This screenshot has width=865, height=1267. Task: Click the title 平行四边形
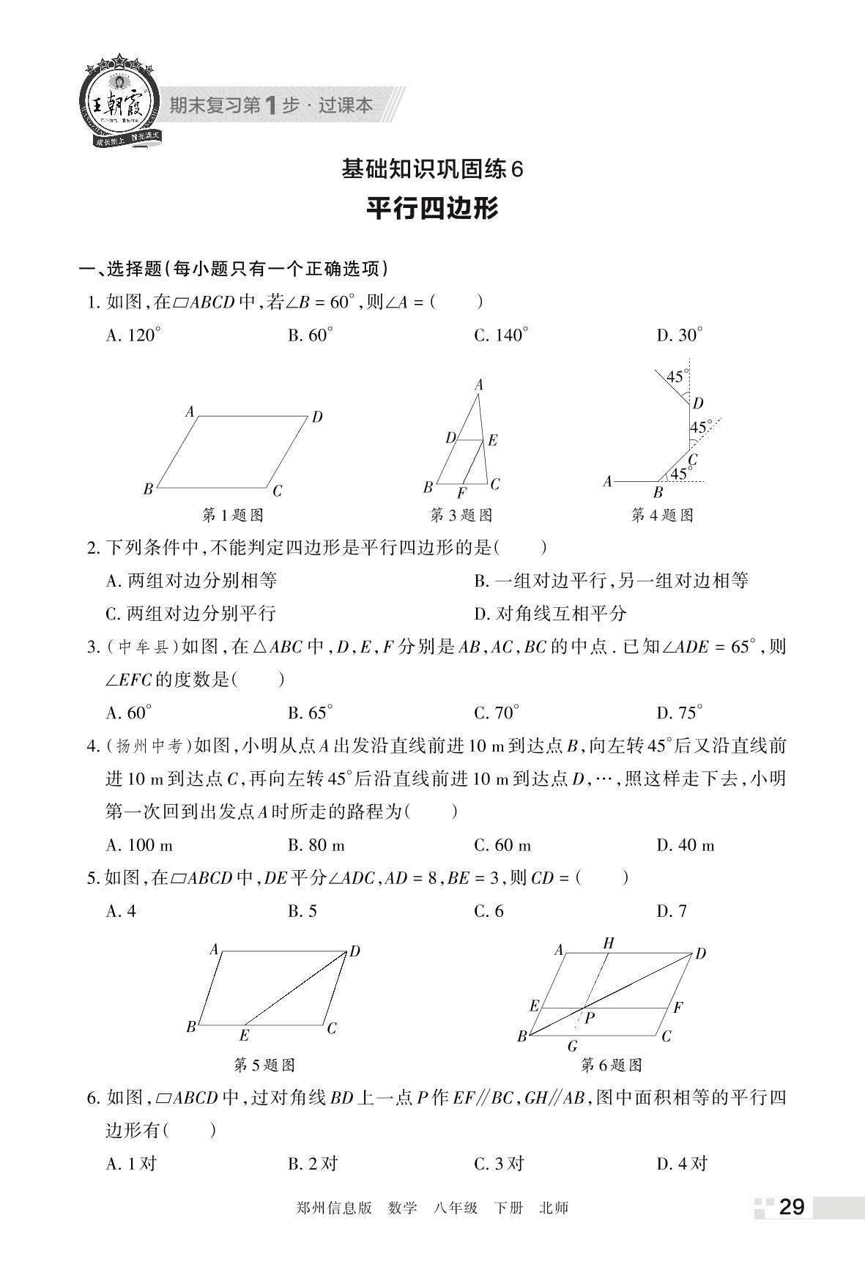click(432, 209)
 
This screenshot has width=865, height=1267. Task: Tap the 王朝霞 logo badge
click(120, 103)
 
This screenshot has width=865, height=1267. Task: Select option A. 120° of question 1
click(133, 335)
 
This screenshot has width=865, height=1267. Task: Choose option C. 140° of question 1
click(501, 335)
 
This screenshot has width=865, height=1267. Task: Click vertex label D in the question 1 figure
click(317, 417)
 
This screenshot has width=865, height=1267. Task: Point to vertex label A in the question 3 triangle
click(479, 385)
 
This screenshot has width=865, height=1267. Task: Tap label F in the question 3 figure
click(461, 493)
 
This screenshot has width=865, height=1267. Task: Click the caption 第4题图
click(662, 515)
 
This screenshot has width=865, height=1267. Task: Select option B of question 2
click(611, 582)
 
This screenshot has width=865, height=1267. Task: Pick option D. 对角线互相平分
click(551, 613)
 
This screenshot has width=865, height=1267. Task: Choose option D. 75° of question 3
click(679, 713)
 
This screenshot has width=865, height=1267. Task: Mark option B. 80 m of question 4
click(316, 845)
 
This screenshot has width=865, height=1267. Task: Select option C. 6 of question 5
click(489, 911)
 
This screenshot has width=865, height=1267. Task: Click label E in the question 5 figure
click(244, 1035)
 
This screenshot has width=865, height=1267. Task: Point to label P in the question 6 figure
click(590, 1017)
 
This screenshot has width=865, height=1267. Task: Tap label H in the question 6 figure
click(608, 943)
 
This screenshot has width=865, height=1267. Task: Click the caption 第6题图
click(612, 1064)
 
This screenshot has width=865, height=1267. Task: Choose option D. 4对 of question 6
click(682, 1163)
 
